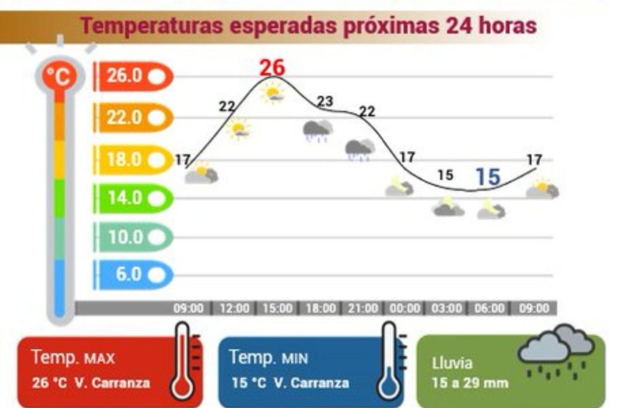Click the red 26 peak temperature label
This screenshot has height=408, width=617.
(272, 67)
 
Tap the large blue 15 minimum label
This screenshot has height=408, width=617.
(487, 177)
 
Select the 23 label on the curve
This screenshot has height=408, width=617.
(325, 102)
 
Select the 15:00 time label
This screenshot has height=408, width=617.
(277, 309)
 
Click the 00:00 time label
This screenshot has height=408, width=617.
(404, 309)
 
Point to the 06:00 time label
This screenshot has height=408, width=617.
(489, 309)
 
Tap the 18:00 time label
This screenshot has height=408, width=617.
(320, 309)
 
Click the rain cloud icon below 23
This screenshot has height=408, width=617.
(318, 130)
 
